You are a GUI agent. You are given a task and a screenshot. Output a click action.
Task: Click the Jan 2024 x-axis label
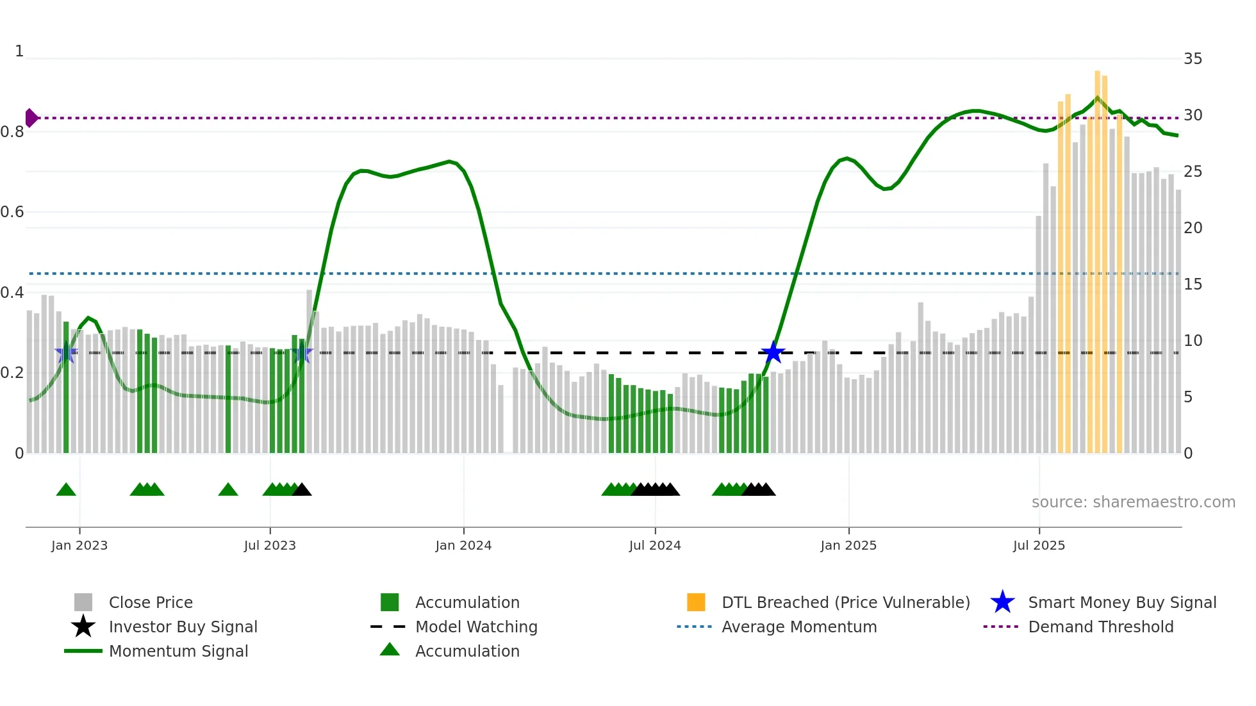point(463,545)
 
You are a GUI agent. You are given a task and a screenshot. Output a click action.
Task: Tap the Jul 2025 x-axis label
point(1039,545)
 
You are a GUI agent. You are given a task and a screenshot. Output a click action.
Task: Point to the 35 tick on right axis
point(1193,59)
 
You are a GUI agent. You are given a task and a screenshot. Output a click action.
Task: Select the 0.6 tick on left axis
point(12,212)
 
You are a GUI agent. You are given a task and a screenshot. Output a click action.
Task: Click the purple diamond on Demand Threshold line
point(31,118)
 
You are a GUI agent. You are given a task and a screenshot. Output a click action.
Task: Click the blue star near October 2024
point(773,352)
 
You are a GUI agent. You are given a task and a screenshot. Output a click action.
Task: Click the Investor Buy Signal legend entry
point(183,627)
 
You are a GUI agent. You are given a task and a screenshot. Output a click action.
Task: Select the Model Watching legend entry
point(475,627)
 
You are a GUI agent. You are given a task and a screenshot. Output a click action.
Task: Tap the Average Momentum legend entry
point(798,627)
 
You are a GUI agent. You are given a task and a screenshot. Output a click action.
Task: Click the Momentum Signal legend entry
point(178,651)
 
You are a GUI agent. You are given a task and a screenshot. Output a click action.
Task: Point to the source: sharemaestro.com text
point(1133,502)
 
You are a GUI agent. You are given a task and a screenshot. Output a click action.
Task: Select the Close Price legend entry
point(150,602)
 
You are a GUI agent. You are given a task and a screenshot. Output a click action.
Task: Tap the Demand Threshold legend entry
point(1100,627)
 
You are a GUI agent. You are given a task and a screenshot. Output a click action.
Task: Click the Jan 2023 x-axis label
point(79,545)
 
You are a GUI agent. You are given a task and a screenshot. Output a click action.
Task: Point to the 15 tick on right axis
point(1193,284)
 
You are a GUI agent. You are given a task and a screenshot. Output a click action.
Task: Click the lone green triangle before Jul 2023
point(228,490)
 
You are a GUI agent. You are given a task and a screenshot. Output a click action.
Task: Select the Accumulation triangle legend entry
point(467,651)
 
